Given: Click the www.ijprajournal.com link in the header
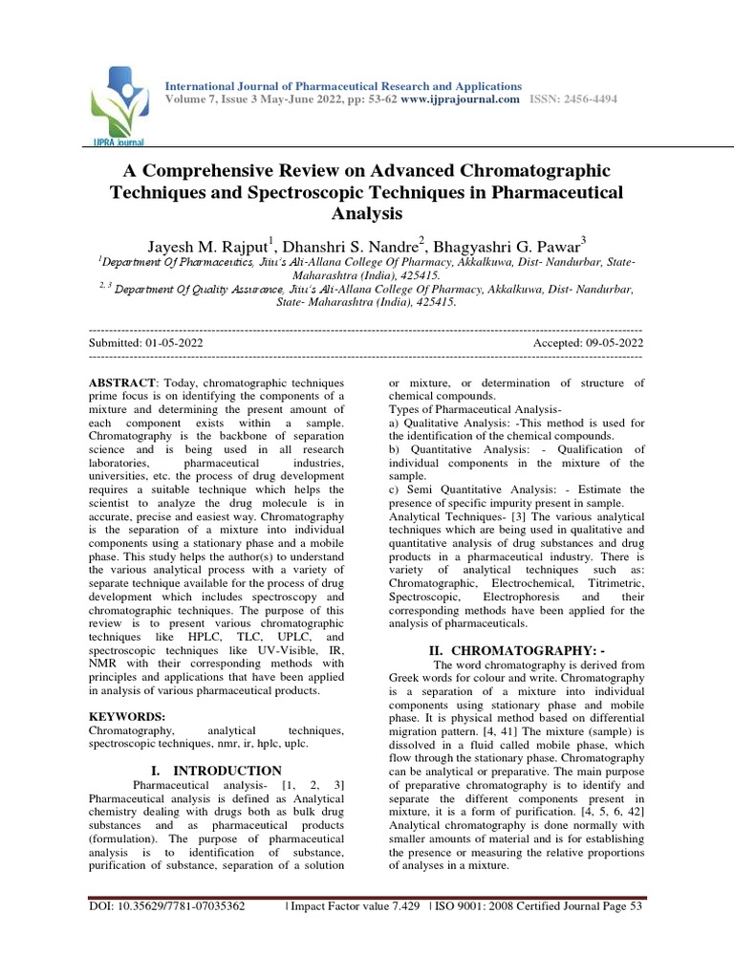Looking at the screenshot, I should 461,99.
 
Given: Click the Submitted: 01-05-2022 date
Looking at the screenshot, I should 145,342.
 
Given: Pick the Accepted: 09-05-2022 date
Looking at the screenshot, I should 589,342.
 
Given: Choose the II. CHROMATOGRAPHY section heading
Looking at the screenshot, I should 517,651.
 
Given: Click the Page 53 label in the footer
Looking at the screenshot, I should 625,905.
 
